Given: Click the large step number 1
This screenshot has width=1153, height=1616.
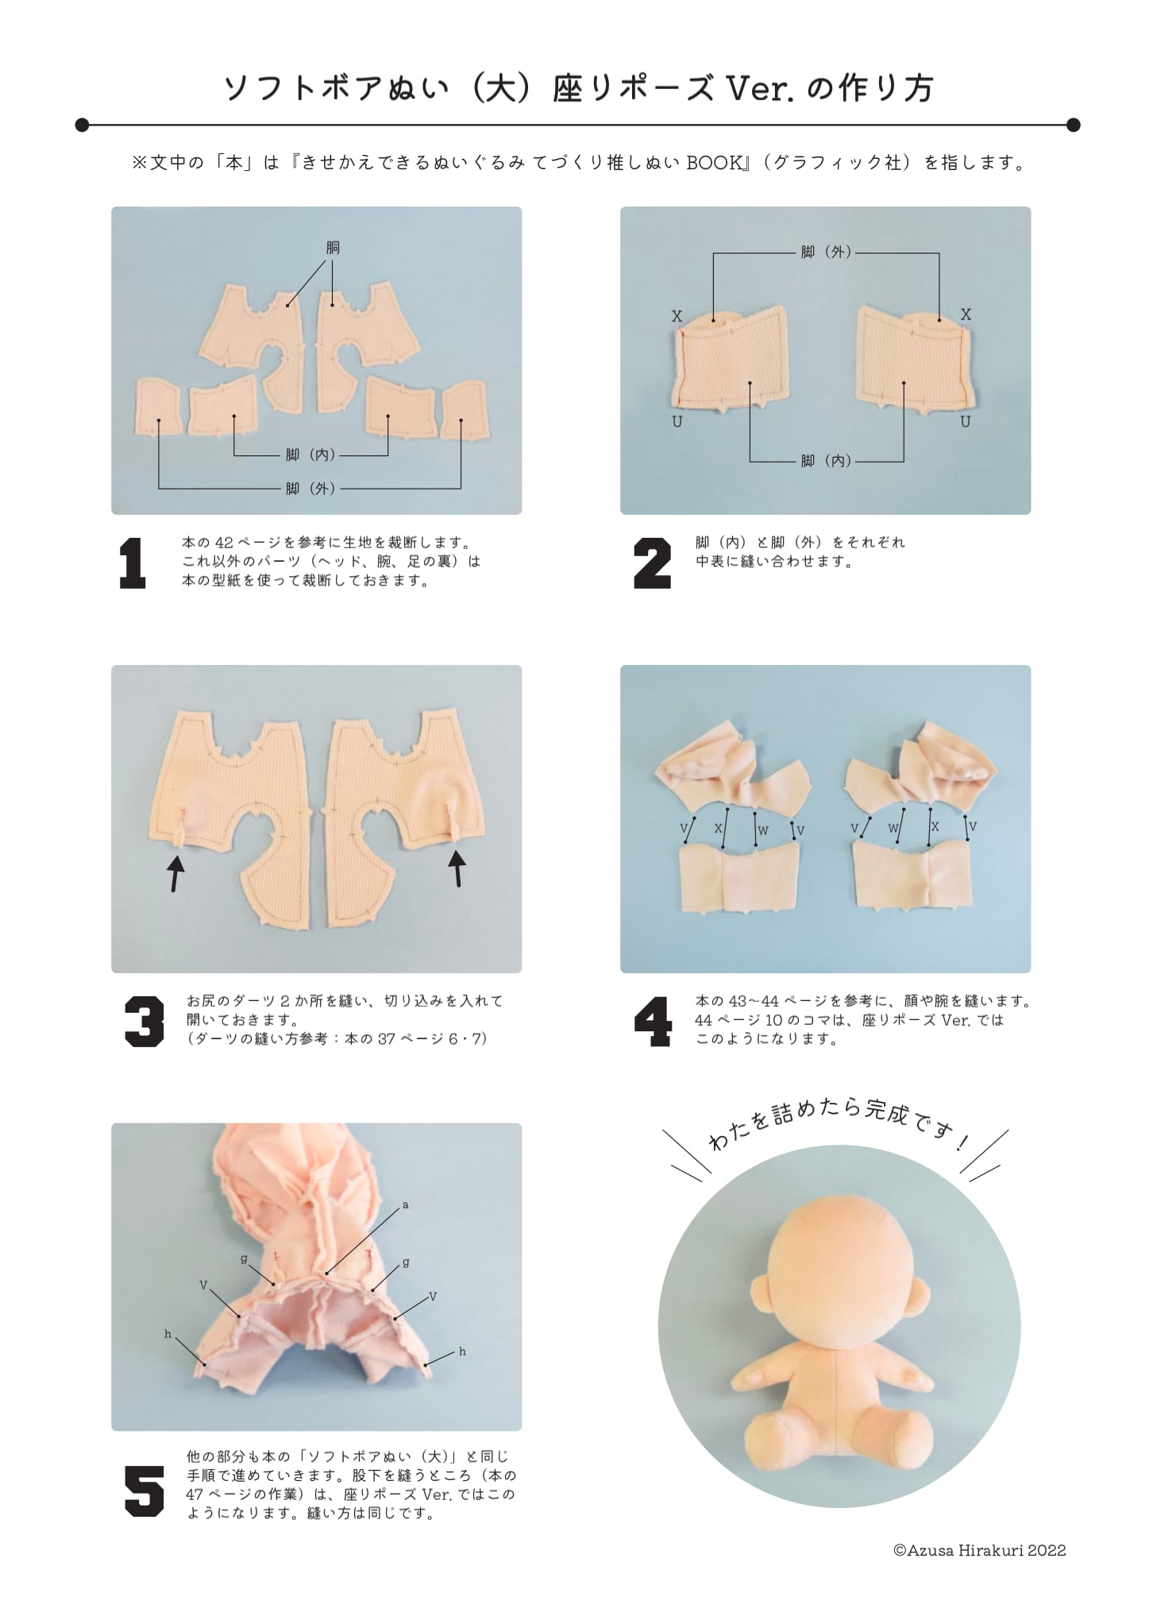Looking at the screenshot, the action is point(133,563).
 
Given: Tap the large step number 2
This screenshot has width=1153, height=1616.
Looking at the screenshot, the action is point(653,563).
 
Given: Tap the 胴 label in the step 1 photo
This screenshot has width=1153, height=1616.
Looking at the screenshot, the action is point(333,248).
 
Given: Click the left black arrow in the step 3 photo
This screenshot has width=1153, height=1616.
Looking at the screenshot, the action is point(175,869).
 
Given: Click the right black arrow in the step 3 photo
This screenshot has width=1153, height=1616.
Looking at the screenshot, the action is point(457,868).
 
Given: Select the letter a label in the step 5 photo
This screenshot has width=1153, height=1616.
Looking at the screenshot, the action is point(405,1205).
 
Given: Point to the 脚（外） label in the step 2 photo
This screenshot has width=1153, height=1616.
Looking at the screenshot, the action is point(826,253).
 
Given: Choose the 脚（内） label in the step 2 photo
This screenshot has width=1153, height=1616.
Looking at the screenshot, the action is point(826,461).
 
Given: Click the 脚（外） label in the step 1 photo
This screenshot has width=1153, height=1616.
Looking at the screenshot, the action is point(310,489).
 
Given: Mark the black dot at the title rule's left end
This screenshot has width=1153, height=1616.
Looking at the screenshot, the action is point(82,125).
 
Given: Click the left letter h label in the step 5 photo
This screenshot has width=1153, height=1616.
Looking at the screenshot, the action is point(168,1334).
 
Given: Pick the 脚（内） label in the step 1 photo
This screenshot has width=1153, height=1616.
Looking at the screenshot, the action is point(310,455).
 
